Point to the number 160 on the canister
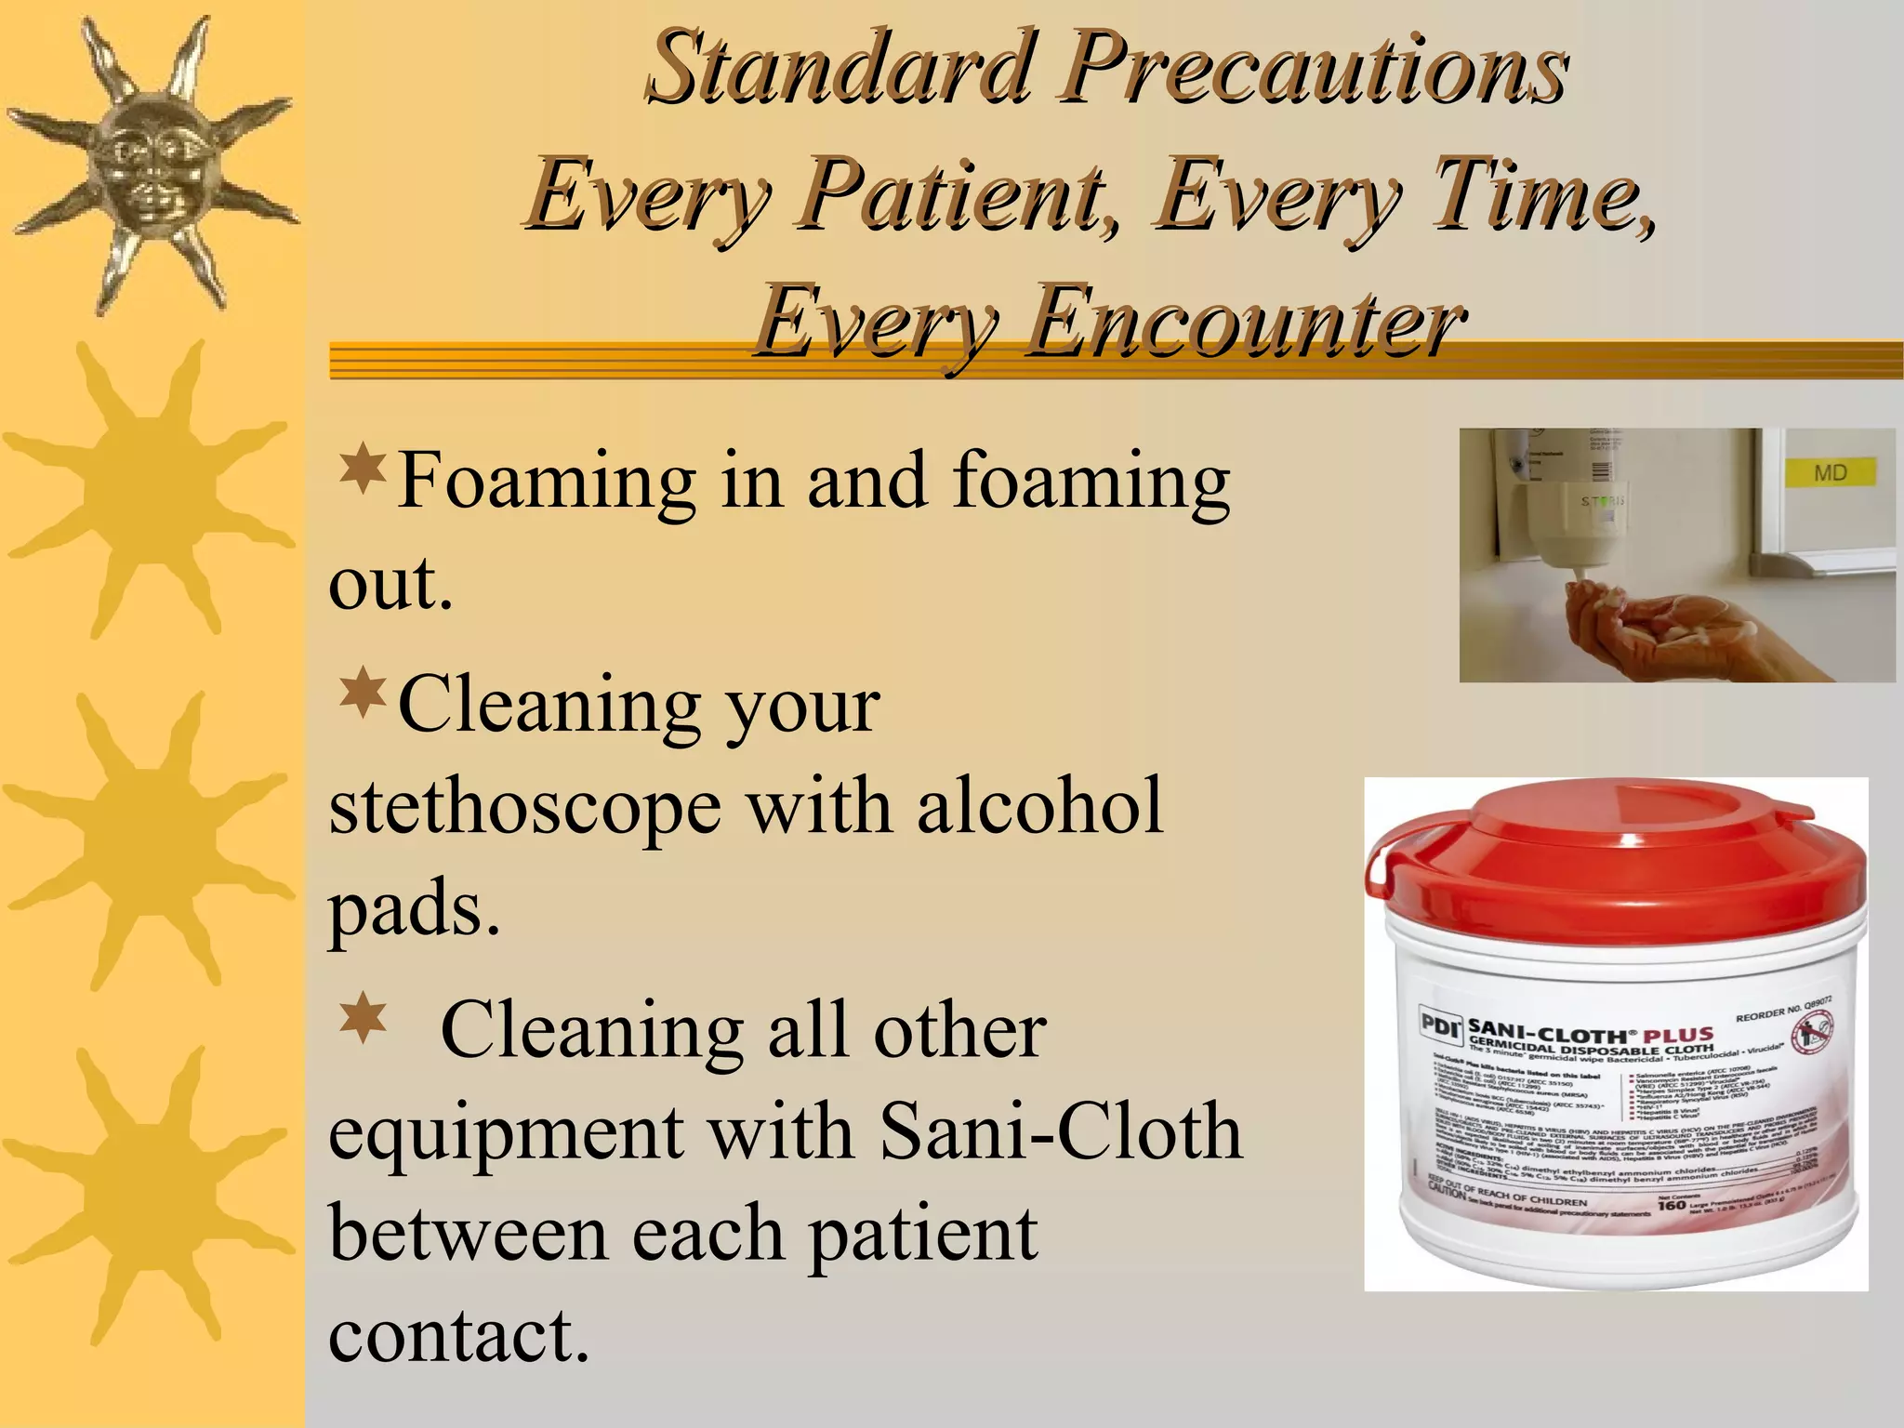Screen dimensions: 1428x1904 pyautogui.click(x=1671, y=1206)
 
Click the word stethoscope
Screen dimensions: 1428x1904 pyautogui.click(x=525, y=807)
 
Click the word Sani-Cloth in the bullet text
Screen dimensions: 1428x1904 pyautogui.click(x=1060, y=1132)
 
